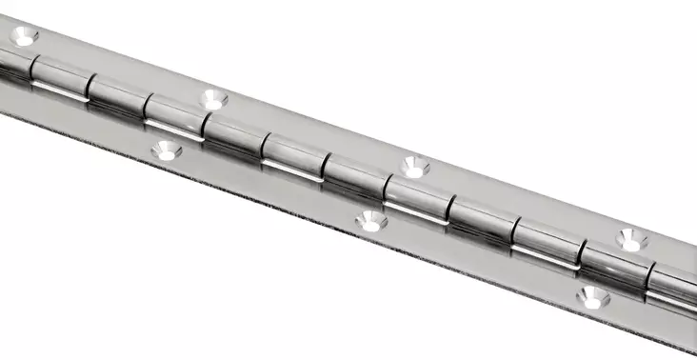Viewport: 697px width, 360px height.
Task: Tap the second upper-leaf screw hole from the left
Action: coord(213,97)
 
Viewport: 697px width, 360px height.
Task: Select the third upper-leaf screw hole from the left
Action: coord(414,166)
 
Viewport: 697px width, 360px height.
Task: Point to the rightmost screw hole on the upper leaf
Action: coord(629,240)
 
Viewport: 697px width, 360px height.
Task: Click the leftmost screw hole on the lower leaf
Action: coord(169,149)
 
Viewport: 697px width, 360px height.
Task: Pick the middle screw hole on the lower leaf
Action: coord(370,222)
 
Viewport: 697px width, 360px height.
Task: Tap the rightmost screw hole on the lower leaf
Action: coord(592,297)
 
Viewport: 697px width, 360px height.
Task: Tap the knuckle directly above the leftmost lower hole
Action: coord(175,122)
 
